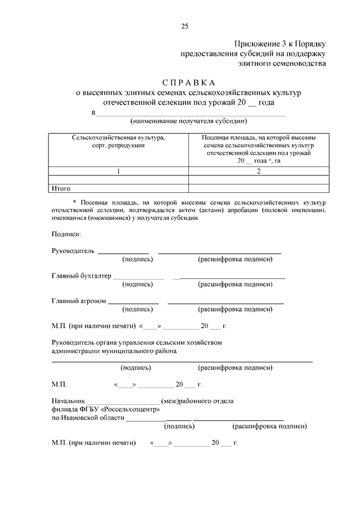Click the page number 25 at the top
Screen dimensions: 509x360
184,26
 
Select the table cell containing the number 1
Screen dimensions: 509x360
118,171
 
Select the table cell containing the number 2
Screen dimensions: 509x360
259,171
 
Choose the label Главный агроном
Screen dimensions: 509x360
79,301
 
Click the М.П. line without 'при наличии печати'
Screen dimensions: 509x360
59,385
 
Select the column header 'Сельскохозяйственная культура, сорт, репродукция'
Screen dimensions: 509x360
118,141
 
